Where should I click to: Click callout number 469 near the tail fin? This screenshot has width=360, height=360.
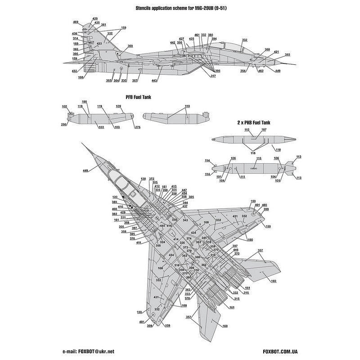76,22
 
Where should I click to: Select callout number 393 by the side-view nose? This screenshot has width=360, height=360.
287,54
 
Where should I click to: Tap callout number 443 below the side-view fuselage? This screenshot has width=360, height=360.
154,81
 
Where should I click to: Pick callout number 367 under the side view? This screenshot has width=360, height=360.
135,81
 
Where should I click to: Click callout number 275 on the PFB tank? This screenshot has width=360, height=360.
137,127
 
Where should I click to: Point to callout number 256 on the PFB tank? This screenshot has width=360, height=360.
64,125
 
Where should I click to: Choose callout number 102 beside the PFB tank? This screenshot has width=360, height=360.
64,107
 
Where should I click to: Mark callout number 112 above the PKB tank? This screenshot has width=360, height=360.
247,130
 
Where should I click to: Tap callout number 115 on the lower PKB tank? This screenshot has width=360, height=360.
259,159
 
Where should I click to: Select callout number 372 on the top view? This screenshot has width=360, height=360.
152,179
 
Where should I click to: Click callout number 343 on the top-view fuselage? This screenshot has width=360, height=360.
185,220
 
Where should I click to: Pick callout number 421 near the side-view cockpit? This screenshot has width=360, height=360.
276,52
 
